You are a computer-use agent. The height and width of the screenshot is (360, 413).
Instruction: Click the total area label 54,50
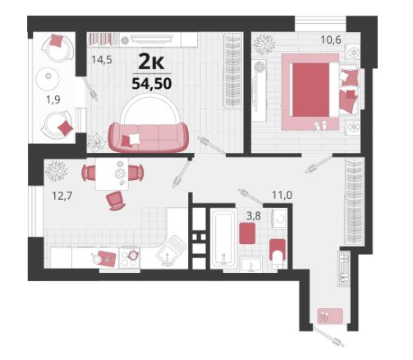tap(152, 83)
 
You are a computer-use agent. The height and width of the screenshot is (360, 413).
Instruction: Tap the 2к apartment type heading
tap(151, 62)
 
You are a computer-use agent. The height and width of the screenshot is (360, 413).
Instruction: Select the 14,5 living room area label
tap(102, 59)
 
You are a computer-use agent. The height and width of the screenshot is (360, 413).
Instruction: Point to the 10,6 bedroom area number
tap(331, 40)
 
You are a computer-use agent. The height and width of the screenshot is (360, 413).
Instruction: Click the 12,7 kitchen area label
tap(62, 196)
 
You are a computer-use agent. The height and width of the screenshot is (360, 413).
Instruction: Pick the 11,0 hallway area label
tap(282, 195)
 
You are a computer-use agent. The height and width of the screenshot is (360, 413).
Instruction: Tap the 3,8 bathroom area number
tap(254, 216)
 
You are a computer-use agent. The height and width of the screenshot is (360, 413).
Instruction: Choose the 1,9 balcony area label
tap(53, 100)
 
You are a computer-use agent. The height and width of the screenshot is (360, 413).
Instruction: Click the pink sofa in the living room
tap(148, 137)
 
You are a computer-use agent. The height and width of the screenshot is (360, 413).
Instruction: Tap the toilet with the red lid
tap(278, 253)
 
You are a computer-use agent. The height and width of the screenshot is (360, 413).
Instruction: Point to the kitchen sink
tap(170, 250)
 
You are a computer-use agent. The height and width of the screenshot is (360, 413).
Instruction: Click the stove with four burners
tap(130, 258)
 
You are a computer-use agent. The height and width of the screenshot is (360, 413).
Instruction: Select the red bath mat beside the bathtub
tap(247, 233)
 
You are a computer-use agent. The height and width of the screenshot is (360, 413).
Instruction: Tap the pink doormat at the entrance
tap(330, 316)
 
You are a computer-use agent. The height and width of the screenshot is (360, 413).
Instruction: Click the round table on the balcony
tap(48, 79)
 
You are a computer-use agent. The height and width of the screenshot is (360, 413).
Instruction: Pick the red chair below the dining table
tap(116, 201)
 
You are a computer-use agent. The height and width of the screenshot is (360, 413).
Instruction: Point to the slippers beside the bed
tap(321, 125)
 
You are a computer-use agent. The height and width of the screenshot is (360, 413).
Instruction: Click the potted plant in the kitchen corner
tap(56, 171)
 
